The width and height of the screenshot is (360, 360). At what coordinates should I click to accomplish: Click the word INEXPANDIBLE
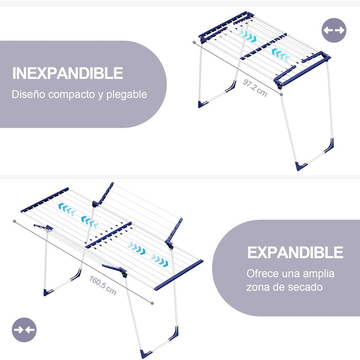coord(68,73)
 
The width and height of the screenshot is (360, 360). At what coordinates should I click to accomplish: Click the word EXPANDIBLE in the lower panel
coord(295,253)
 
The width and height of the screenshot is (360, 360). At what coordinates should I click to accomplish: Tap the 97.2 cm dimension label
coord(255,88)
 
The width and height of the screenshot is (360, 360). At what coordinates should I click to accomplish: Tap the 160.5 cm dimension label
coord(103,285)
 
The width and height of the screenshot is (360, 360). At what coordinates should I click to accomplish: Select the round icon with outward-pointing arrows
coord(334,30)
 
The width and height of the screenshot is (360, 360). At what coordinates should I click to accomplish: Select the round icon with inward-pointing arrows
coord(24,330)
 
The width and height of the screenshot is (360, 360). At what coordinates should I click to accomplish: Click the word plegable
coord(127,95)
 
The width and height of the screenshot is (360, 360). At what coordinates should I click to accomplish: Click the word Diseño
coord(28,94)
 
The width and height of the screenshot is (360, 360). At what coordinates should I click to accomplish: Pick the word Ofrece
coord(262,274)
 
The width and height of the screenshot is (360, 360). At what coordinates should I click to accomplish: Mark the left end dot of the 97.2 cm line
coord(194,43)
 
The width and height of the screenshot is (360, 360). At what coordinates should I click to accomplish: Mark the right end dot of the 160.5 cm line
coord(152,303)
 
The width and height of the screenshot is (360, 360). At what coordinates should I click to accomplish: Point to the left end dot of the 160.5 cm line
coord(15,221)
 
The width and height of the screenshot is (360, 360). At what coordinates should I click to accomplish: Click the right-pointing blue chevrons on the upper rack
coord(247,35)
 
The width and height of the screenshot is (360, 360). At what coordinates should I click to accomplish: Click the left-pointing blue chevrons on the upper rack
coord(280,55)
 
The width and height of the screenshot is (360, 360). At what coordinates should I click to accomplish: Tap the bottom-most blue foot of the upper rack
coord(301,166)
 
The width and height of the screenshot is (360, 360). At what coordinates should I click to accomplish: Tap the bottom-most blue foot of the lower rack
coord(146,354)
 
